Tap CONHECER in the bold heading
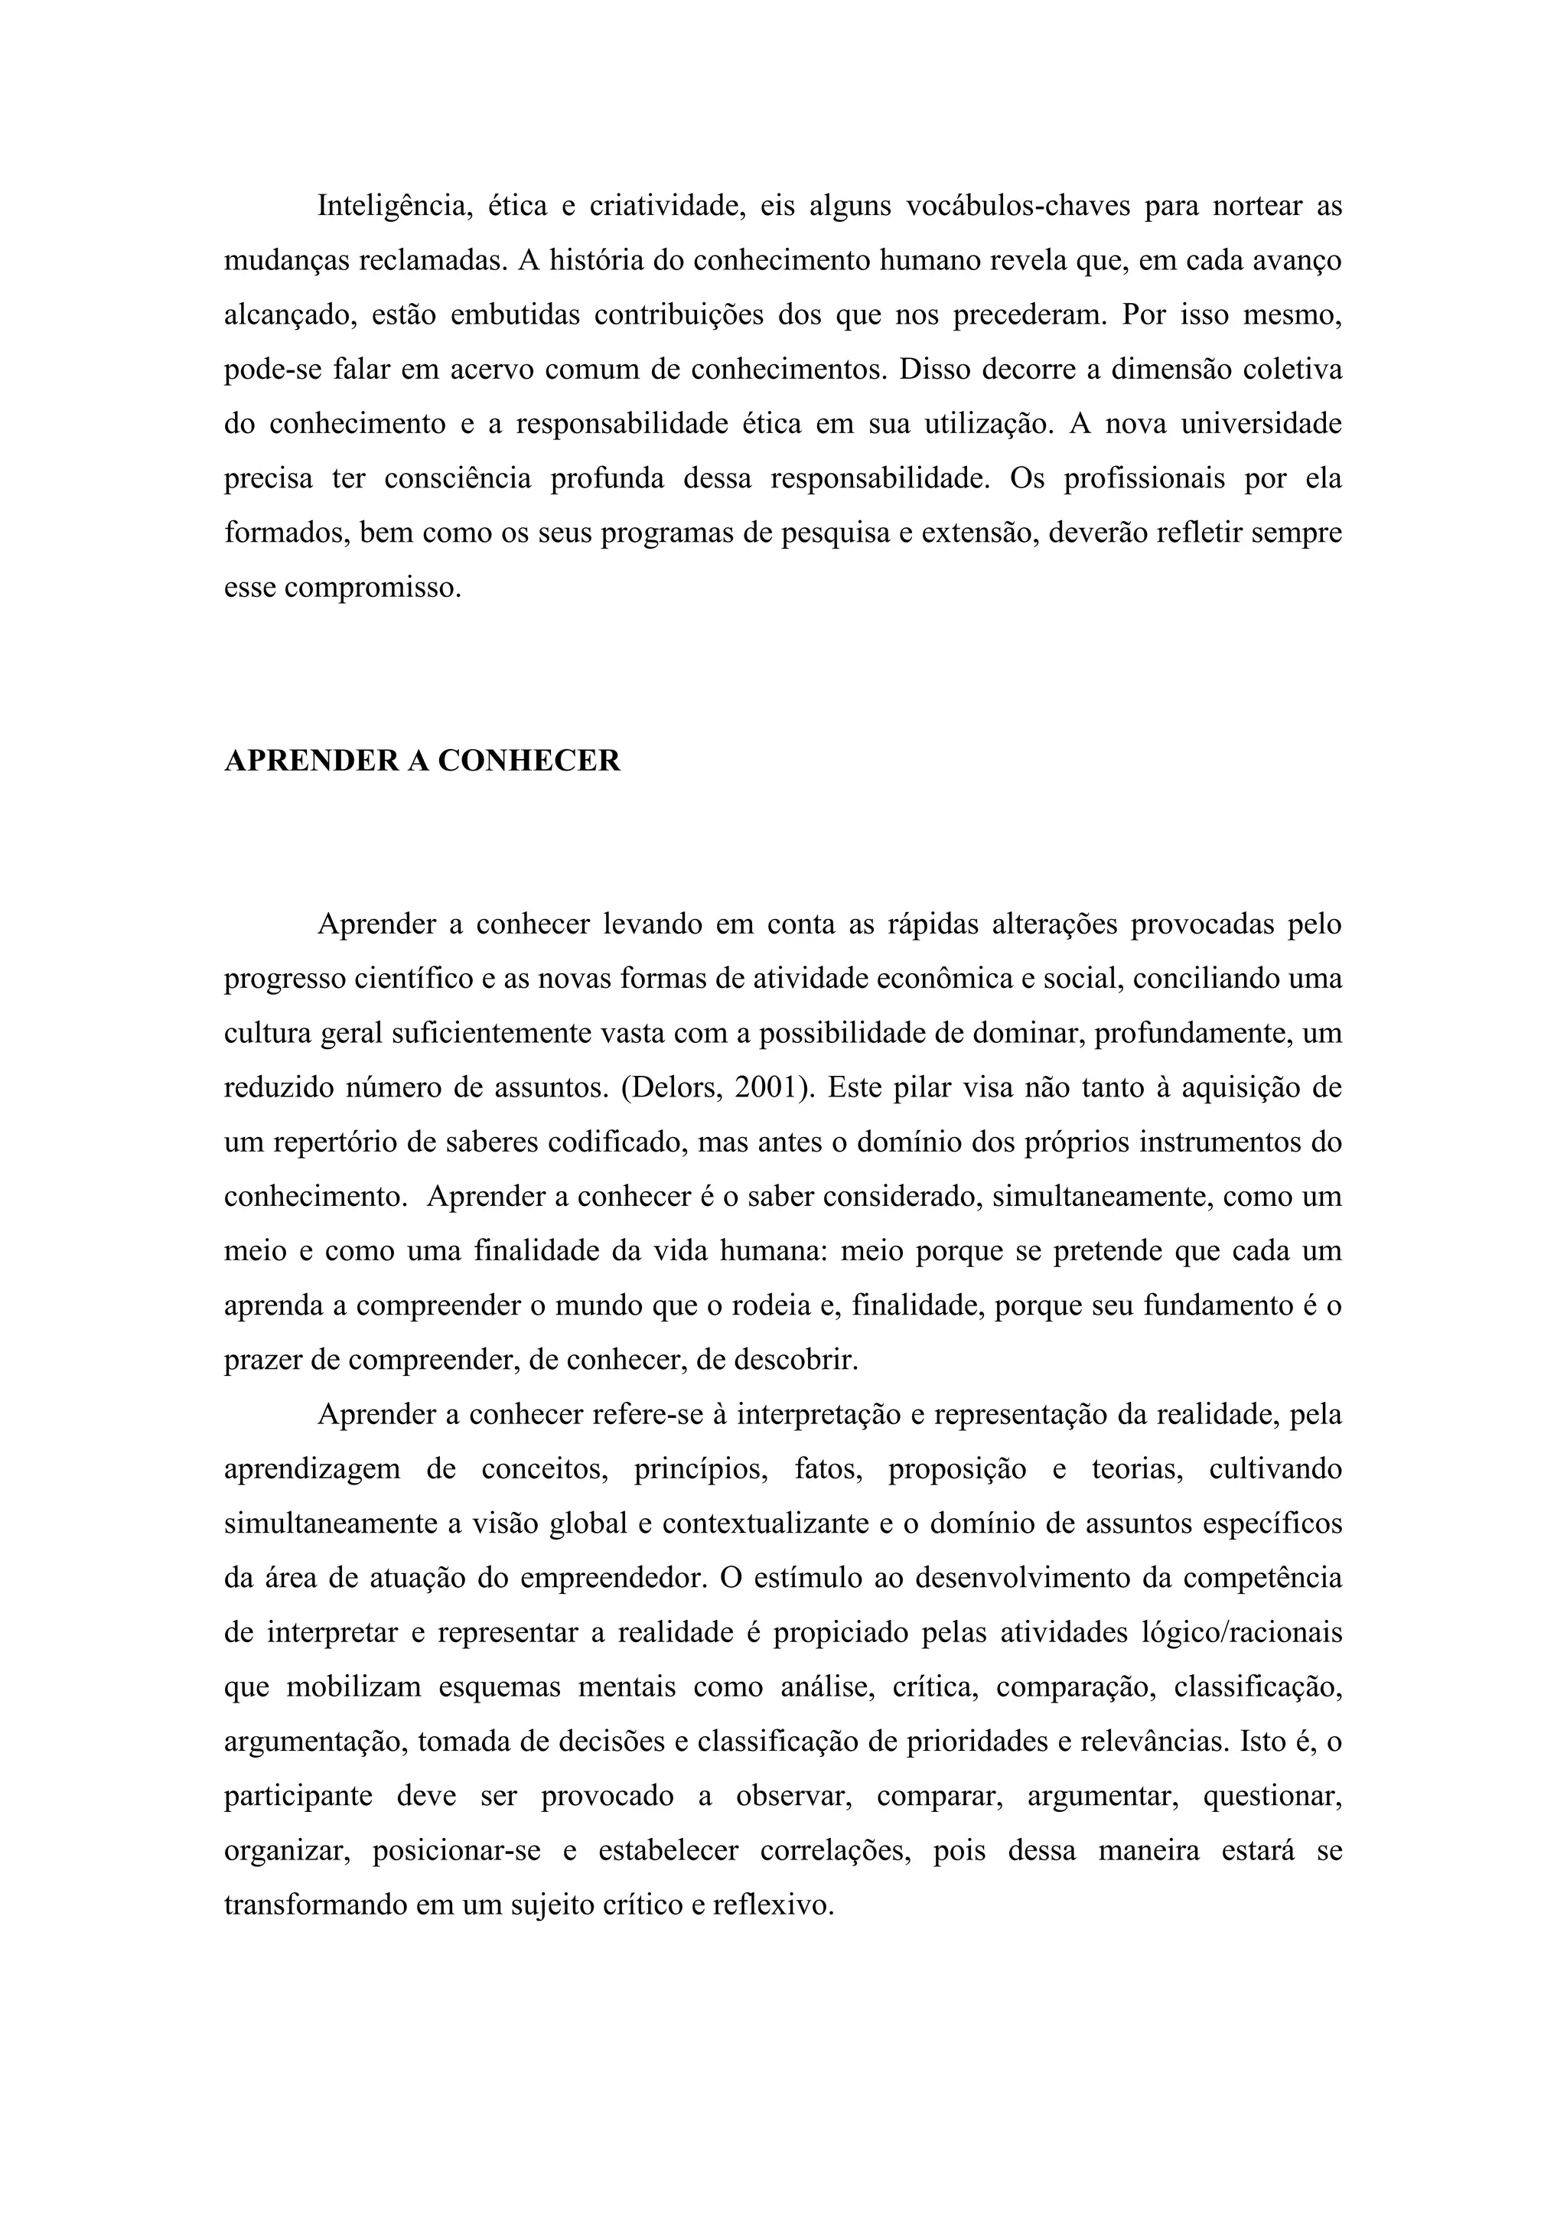(529, 761)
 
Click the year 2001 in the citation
(769, 1088)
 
